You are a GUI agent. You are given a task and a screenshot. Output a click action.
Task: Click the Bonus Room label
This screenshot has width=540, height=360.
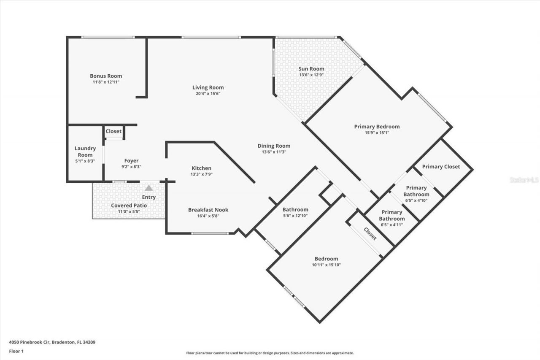coord(106,76)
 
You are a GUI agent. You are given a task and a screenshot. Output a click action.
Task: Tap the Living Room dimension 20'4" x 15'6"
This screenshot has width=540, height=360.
coord(208,94)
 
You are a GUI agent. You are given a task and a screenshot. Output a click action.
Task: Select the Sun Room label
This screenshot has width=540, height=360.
coord(311,69)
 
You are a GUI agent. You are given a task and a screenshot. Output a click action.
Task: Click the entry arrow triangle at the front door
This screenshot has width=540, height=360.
coord(148,188)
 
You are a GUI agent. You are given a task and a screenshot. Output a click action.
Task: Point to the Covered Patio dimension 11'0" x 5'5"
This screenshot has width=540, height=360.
coord(129,211)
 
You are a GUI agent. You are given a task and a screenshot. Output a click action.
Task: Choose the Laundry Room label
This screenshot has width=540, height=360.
coord(85,152)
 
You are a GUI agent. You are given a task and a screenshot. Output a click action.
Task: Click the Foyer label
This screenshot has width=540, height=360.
coord(131,161)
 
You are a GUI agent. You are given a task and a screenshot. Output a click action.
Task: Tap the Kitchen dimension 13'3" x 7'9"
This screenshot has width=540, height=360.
coord(202,174)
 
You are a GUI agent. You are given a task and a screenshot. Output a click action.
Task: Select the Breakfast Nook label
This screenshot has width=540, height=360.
coord(208,210)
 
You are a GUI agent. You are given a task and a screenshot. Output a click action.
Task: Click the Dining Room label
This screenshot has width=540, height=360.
coord(274,146)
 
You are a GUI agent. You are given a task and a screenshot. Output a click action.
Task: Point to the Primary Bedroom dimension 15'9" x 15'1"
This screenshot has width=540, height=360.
coord(377,133)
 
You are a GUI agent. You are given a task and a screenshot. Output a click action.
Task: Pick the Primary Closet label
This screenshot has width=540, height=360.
coord(441,167)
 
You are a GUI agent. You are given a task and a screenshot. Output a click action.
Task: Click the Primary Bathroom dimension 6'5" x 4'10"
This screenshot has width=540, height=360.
coord(416,200)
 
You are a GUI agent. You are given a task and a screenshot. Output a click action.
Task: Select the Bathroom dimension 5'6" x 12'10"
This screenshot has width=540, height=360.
coord(295,216)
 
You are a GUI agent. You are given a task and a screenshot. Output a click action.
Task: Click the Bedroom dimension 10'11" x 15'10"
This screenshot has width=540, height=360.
coord(326,265)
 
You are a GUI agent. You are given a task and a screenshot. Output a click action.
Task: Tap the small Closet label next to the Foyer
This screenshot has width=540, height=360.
coord(113,131)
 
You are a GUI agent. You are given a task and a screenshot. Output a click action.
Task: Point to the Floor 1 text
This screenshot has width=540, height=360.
coord(16,351)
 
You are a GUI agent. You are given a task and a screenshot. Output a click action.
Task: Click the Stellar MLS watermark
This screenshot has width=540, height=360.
coord(524,180)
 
